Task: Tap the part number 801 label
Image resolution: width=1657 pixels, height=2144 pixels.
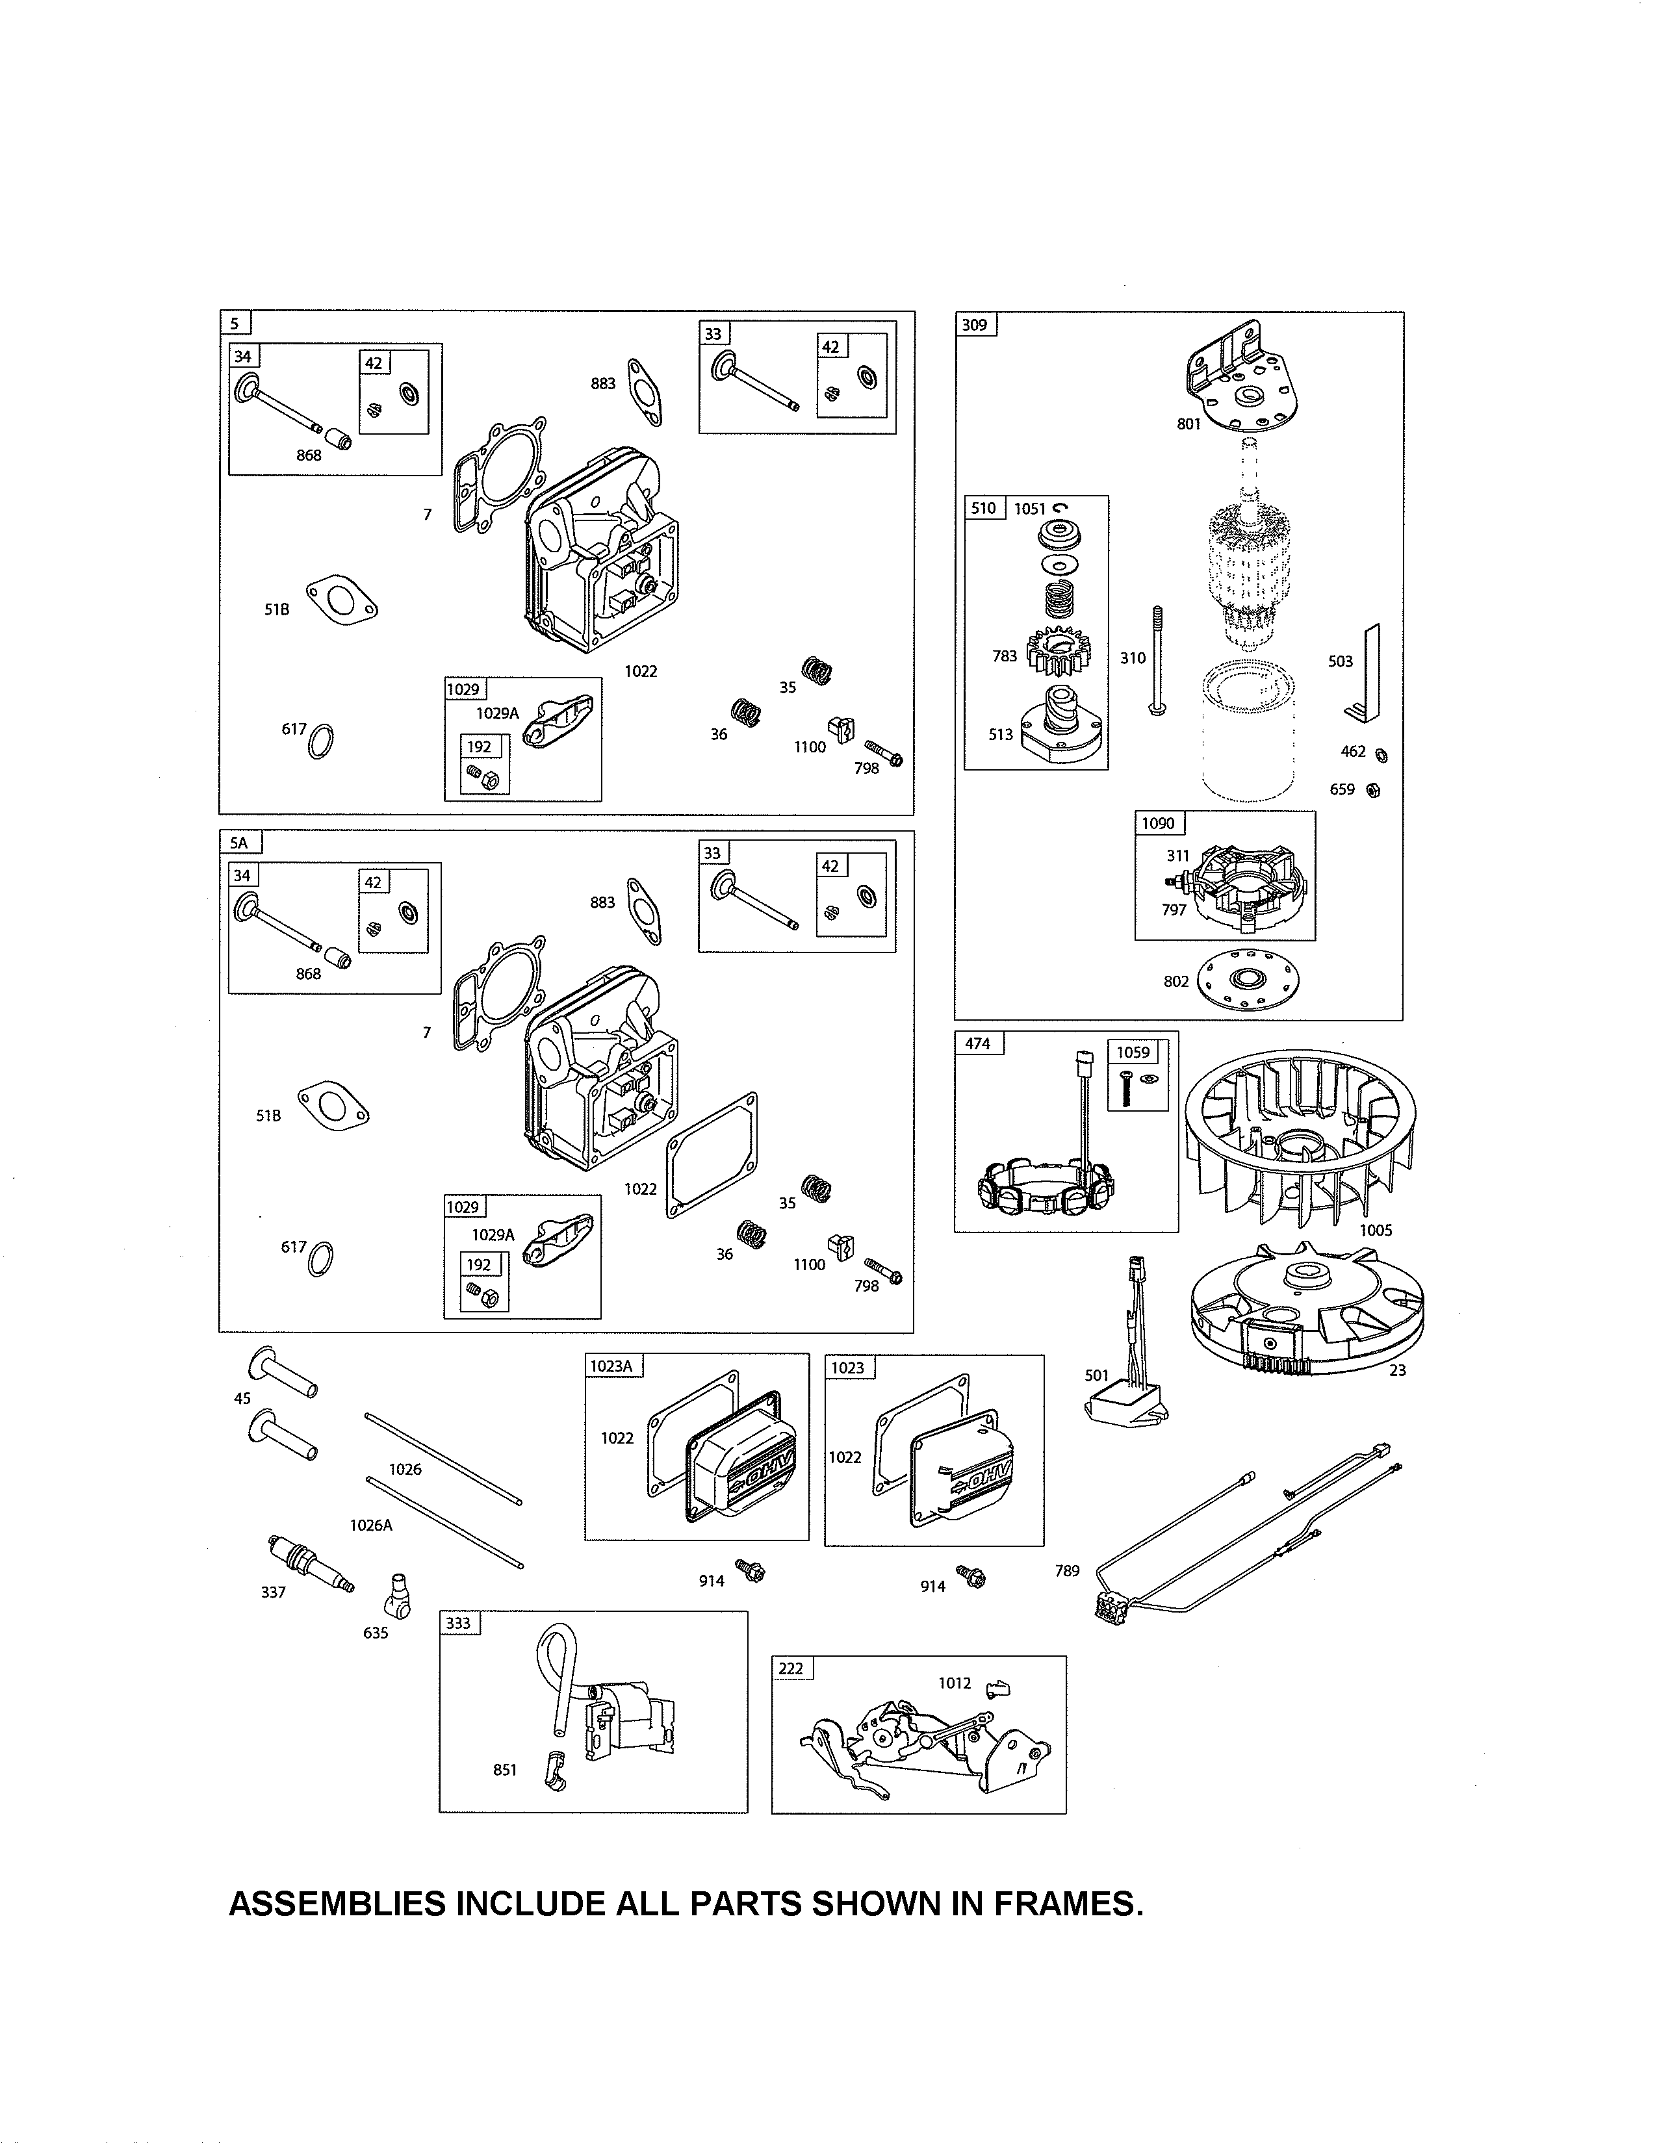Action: tap(1188, 424)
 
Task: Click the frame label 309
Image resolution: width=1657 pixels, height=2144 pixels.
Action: tap(975, 325)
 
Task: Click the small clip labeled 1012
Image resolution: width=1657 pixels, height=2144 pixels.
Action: tap(996, 1687)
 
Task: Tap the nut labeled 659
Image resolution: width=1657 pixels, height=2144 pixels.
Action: tap(1373, 790)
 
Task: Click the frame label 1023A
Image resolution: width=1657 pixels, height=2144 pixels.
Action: tap(611, 1366)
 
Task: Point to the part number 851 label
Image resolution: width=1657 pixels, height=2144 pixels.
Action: tap(504, 1770)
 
